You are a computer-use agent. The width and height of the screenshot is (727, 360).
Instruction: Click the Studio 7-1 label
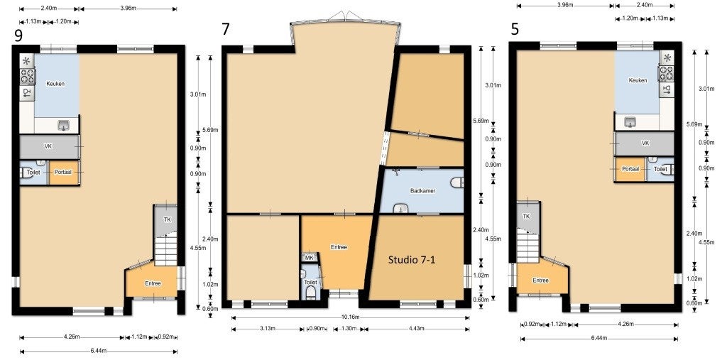tap(411, 261)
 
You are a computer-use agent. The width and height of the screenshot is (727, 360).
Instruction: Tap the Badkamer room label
tap(423, 191)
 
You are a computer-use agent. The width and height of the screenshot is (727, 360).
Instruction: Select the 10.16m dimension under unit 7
tap(351, 318)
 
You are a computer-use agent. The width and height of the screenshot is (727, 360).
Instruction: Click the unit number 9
tap(18, 36)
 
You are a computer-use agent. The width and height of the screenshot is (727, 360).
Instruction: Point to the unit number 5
tap(515, 30)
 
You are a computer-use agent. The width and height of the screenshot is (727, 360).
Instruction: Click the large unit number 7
tap(225, 30)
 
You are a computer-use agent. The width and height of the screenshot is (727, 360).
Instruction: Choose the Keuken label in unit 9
tap(55, 84)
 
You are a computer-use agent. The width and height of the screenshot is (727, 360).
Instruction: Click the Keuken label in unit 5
tap(638, 80)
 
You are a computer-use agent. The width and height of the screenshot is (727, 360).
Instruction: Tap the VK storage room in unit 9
tap(49, 146)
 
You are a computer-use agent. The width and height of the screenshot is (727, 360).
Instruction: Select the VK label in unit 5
tap(645, 143)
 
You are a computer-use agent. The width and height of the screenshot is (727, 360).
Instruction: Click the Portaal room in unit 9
tap(64, 172)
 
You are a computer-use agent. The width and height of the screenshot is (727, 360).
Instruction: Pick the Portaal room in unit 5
tap(630, 169)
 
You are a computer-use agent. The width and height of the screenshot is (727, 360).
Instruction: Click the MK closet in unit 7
tap(309, 258)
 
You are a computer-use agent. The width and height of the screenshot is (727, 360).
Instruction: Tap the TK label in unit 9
tap(167, 220)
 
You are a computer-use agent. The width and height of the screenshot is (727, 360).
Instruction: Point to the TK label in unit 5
tap(526, 216)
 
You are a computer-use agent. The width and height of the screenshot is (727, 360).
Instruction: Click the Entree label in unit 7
tap(339, 247)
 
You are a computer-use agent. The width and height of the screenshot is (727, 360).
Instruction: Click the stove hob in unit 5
tap(667, 73)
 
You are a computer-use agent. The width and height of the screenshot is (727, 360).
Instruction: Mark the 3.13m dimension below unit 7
tap(268, 329)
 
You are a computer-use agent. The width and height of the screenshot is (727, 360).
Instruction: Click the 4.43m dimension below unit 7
tap(415, 329)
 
